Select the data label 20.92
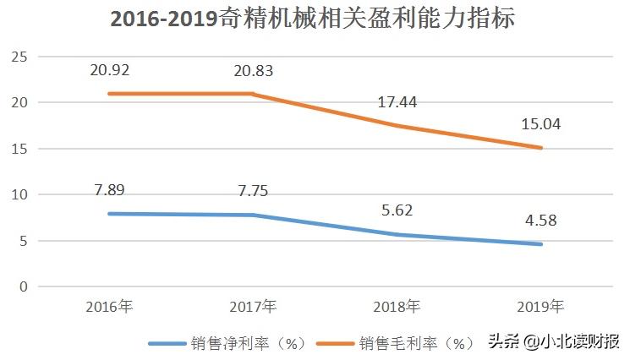(112, 68)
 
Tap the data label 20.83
(255, 68)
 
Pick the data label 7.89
(112, 189)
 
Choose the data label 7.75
(255, 191)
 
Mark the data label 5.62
(397, 210)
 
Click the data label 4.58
(540, 220)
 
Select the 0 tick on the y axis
(23, 286)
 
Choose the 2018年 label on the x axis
(396, 305)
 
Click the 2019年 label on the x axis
(540, 305)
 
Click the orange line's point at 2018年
(397, 126)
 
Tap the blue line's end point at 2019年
(540, 244)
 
